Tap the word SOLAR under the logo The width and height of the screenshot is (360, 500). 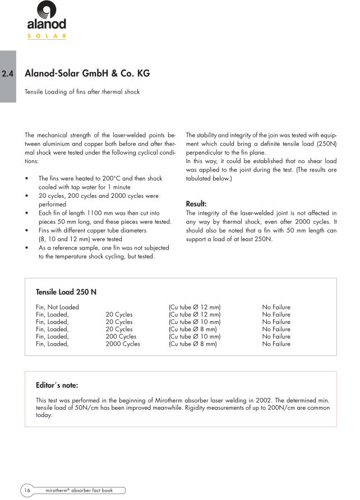tap(47, 36)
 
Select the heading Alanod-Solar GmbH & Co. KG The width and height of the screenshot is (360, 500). tap(87, 73)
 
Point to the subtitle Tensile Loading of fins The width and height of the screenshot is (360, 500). tap(82, 91)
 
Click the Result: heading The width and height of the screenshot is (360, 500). tap(197, 204)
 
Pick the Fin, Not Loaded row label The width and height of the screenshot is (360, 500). tap(57, 307)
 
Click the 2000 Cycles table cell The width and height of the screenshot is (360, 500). tap(123, 344)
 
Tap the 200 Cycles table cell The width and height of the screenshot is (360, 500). tap(121, 336)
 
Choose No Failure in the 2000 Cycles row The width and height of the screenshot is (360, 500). tap(276, 344)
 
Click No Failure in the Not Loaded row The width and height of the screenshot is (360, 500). tap(276, 307)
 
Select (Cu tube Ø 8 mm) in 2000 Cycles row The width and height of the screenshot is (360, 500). tap(193, 344)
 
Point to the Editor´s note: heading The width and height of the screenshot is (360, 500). tap(57, 385)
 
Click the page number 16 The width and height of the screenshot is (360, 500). tap(27, 490)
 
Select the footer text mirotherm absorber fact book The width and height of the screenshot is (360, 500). tap(79, 490)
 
